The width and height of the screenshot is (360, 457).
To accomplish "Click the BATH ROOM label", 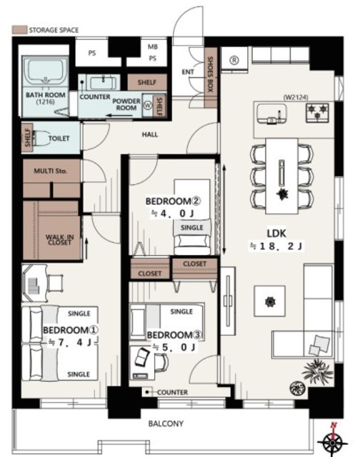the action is point(46,95).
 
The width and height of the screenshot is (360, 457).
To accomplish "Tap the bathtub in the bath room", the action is point(46,71).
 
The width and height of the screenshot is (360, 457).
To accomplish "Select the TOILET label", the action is point(59,138).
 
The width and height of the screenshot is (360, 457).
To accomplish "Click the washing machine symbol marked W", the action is point(148,105).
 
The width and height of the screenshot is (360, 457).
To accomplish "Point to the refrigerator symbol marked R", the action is point(234,60).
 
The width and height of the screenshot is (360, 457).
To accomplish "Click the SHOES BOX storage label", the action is point(210,75).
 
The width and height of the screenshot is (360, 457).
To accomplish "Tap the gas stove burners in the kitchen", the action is point(317,112).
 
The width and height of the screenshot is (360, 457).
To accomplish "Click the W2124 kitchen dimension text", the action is point(296,97).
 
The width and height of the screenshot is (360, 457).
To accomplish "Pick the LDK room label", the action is point(276,233).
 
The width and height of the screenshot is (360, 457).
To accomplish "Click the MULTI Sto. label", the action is point(51,171).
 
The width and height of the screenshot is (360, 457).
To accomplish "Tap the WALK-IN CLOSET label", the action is point(60,240).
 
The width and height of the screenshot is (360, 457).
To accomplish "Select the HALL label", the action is point(150,134).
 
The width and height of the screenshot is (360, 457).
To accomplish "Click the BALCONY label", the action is point(166,423).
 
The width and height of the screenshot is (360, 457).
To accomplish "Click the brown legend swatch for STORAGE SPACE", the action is point(19,30).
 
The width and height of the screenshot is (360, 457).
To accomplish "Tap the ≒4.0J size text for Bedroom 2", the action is point(173,214).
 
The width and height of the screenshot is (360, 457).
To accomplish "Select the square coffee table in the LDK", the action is point(269,301).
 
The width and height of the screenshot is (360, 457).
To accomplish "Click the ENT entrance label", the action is point(188,71).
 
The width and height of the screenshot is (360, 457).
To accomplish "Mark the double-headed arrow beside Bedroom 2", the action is point(224,209).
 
